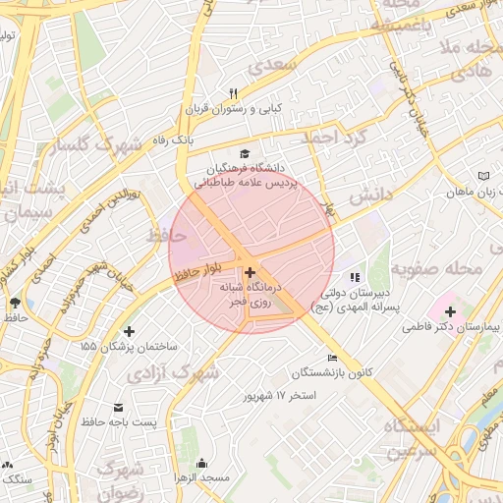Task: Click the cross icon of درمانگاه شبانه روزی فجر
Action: point(251,272)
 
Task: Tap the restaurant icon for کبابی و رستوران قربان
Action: point(233,92)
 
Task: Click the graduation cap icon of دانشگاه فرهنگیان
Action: point(244,153)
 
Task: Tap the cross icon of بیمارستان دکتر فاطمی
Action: point(450,310)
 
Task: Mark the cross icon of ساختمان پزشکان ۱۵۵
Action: point(130,331)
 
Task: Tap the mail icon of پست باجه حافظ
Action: point(119,407)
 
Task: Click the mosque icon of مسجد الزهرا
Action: point(202,463)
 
